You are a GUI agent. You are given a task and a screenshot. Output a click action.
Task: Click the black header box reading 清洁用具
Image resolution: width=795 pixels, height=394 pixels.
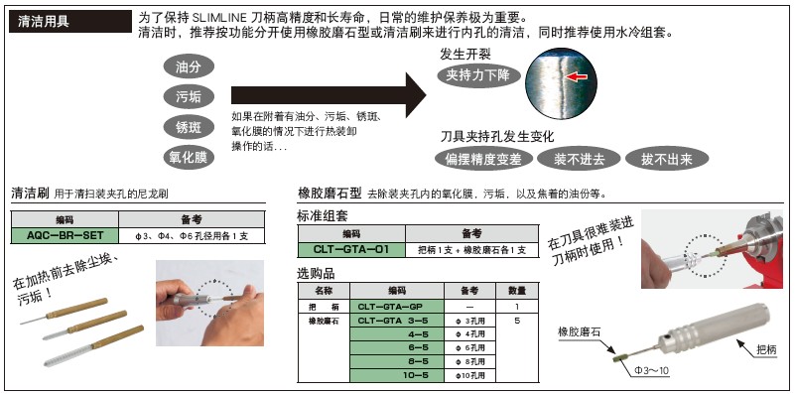point(70,20)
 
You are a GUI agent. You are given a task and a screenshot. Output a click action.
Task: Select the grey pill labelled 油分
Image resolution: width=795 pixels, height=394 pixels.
point(188,66)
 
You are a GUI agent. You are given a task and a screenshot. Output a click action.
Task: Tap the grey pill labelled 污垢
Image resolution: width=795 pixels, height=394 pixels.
point(188,96)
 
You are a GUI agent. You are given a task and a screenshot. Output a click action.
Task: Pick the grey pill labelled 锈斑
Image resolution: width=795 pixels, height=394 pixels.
point(188,127)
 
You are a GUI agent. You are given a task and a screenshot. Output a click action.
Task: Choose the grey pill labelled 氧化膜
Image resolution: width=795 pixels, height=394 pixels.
point(188,157)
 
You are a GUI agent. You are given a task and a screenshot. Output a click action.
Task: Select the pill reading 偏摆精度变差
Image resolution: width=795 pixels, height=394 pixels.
point(483,159)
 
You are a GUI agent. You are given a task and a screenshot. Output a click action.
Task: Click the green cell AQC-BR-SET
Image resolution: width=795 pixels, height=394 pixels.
point(65,236)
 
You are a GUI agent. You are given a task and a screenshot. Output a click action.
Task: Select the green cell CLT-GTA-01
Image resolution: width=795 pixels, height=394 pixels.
point(351,249)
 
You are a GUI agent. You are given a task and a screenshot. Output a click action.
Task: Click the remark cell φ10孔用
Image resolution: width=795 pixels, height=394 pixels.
point(463,377)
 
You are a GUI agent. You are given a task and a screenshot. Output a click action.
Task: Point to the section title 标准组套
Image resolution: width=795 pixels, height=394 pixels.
point(324,215)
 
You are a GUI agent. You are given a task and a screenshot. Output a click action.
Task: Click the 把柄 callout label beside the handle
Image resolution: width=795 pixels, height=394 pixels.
point(766,349)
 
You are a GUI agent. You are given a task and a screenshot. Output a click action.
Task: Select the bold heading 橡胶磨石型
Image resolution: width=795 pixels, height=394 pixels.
point(329,193)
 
